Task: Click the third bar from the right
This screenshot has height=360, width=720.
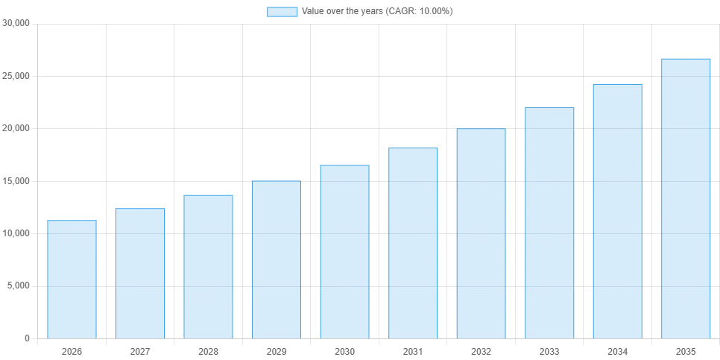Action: click(551, 223)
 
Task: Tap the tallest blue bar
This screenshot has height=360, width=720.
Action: click(685, 197)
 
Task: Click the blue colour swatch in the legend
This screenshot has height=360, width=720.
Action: click(282, 12)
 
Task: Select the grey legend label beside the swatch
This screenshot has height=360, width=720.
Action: click(376, 12)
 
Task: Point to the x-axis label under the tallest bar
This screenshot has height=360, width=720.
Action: click(685, 350)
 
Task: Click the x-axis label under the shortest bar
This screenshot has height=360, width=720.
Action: click(72, 350)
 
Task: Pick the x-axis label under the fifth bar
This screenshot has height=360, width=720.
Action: click(343, 350)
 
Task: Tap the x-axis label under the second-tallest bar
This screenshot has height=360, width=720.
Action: click(617, 350)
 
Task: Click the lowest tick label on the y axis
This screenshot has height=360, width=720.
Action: click(26, 340)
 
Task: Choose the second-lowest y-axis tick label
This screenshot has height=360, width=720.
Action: click(18, 286)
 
